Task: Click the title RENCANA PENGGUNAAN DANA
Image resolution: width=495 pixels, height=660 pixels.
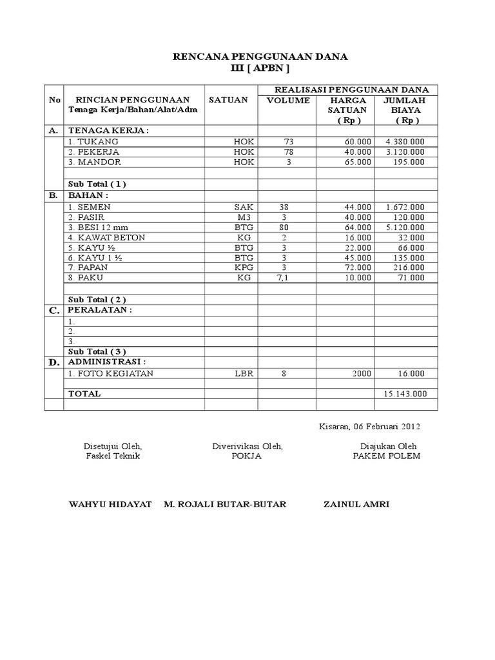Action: pos(260,57)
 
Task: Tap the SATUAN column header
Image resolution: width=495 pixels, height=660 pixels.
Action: pos(228,101)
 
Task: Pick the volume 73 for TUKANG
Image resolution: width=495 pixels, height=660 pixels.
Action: pos(287,141)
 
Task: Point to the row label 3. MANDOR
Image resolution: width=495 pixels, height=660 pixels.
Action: pos(93,162)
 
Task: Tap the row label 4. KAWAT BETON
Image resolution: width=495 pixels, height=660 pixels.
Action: pos(106,237)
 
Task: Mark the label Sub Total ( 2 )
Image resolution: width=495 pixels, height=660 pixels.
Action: pos(97,299)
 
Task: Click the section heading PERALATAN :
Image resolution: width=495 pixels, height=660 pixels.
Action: pos(100,310)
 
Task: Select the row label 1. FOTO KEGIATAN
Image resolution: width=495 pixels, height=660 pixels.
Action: pos(111,373)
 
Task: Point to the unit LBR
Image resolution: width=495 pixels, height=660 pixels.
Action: pos(245,373)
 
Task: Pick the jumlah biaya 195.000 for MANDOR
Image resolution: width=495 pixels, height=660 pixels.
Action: pos(409,162)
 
